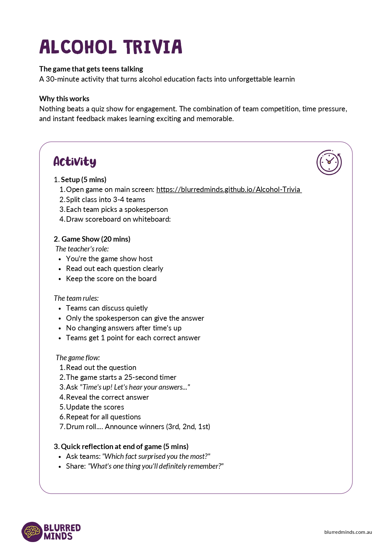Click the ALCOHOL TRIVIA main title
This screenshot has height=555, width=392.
click(x=111, y=47)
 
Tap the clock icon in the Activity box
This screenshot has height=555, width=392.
click(x=329, y=162)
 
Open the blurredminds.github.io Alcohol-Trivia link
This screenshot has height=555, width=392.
click(x=229, y=189)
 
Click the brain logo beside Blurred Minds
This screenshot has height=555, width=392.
click(x=32, y=532)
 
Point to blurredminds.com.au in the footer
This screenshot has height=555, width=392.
click(x=348, y=532)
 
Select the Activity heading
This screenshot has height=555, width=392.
click(x=75, y=162)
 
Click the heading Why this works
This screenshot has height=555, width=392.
click(x=64, y=99)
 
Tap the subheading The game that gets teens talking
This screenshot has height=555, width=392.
click(x=91, y=69)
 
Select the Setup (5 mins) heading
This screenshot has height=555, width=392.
click(x=83, y=180)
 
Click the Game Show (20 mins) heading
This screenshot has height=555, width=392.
click(x=96, y=239)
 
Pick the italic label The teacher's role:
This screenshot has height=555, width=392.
click(x=82, y=249)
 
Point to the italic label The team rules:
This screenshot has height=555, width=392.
click(x=76, y=298)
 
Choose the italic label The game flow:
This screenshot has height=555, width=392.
click(x=78, y=358)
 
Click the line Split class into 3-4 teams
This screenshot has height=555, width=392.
click(x=106, y=200)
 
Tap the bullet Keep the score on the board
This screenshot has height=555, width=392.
click(x=111, y=279)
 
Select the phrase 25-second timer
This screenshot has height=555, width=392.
click(x=150, y=377)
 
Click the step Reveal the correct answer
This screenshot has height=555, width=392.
click(x=107, y=397)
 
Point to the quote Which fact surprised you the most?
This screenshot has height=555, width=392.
click(x=156, y=456)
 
